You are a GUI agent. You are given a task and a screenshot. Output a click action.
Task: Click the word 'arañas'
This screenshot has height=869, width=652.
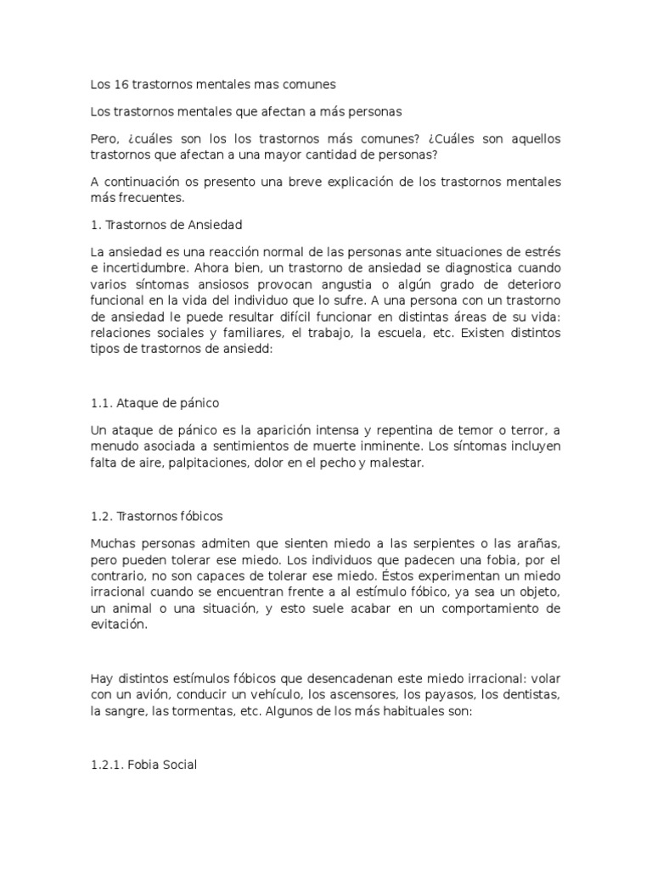(538, 541)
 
